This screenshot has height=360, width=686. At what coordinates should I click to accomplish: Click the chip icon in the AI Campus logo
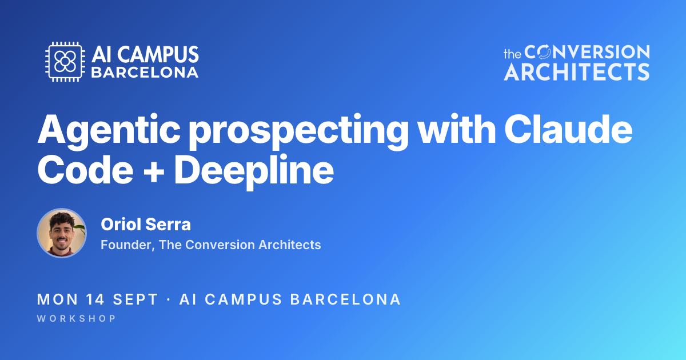point(65,62)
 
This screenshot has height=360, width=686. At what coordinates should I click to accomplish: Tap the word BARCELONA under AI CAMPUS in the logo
point(145,73)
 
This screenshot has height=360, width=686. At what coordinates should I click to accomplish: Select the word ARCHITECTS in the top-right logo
point(577,72)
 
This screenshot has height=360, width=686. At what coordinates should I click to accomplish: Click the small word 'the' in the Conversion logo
point(512,54)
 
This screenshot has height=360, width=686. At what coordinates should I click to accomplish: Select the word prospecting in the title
point(298,131)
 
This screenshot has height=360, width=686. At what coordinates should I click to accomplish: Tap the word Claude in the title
point(569,129)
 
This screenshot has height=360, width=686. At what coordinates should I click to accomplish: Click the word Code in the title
point(85,169)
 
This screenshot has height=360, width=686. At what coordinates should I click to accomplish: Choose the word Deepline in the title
point(254,171)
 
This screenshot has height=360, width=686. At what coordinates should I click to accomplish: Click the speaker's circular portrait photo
point(62,233)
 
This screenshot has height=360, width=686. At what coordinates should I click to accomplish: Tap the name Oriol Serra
point(146,225)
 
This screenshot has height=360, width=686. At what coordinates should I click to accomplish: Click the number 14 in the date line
point(95,299)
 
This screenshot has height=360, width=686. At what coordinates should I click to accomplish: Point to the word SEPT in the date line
point(135,299)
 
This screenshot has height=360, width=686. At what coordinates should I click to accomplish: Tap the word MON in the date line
point(58,299)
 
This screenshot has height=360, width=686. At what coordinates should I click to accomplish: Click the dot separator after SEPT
point(169,299)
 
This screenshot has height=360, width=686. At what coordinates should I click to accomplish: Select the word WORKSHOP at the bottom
point(76,318)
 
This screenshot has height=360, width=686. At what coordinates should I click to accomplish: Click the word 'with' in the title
point(457,129)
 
